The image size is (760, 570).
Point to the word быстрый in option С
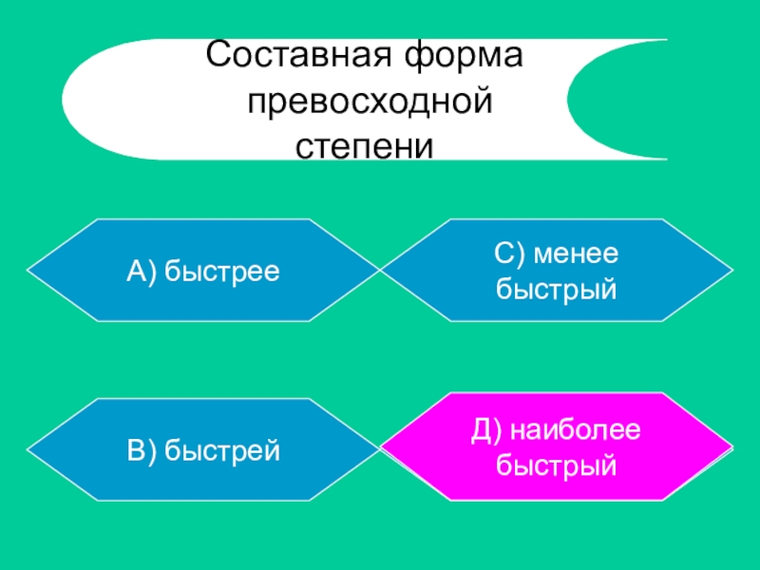557,287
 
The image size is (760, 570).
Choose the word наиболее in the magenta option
576,432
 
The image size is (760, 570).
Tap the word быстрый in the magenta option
557,465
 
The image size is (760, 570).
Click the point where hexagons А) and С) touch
380,272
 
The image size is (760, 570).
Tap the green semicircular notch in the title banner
627,99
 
